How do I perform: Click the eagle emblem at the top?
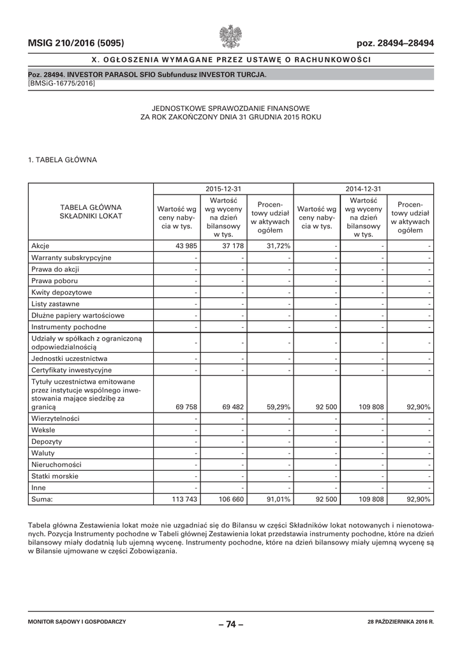pos(230,36)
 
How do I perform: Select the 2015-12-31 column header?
pos(223,189)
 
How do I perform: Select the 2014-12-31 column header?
pos(363,189)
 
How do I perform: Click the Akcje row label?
pos(40,246)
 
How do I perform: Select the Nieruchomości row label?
pos(56,465)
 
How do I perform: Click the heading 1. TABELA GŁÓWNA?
pos(63,160)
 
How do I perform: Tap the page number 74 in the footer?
pos(231,624)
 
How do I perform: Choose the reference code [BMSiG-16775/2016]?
pos(62,84)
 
